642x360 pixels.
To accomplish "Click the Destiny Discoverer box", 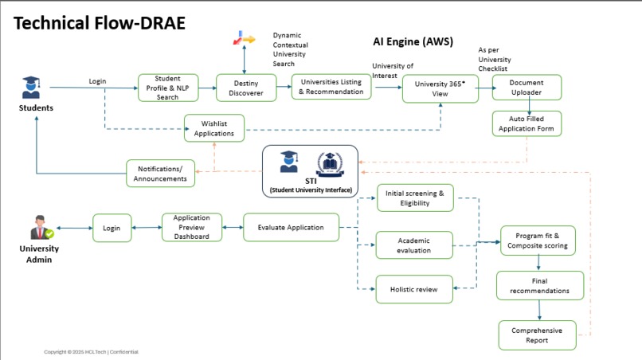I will (x=246, y=88).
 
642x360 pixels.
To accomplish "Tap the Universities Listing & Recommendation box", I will (x=331, y=87).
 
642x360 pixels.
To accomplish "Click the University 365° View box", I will (x=440, y=88).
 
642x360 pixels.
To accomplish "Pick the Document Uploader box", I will (x=527, y=87).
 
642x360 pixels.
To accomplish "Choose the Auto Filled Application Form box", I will (x=527, y=123).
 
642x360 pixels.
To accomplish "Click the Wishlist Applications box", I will (x=214, y=127).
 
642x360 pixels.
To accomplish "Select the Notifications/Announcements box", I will (x=160, y=173).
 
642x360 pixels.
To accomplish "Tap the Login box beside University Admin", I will (x=112, y=228).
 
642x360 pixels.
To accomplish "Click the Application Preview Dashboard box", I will (x=191, y=227).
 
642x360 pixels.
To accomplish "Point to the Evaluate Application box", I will (x=291, y=227).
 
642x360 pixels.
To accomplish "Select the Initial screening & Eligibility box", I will (x=414, y=198).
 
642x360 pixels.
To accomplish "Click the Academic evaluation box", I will (x=414, y=245).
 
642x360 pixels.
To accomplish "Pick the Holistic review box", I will (x=414, y=289).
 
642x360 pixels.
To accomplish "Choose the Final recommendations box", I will (x=539, y=285).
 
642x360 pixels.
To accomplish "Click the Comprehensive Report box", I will (x=536, y=335).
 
